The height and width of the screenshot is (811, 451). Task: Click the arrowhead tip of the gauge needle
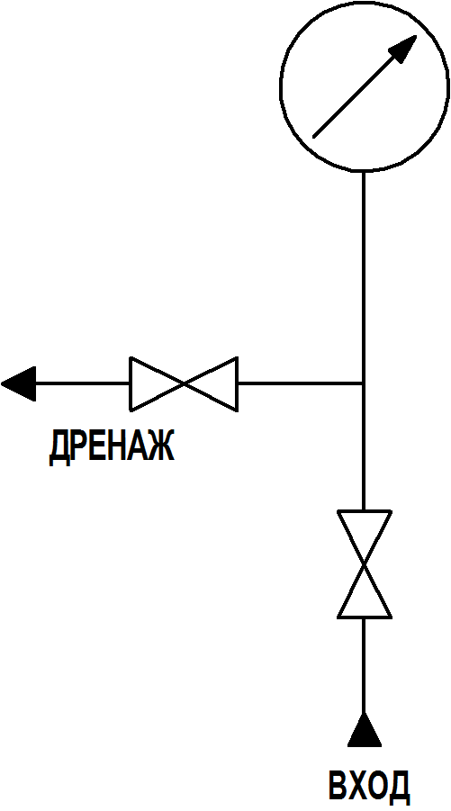click(417, 36)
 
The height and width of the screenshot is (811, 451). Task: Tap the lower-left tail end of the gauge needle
click(314, 138)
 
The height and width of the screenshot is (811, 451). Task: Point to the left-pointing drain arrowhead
click(19, 383)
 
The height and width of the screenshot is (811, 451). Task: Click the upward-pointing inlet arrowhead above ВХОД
click(364, 729)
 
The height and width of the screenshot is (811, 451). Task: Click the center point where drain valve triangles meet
click(184, 383)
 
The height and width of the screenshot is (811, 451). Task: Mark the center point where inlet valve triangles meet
click(364, 564)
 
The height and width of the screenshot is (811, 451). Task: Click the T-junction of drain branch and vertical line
click(364, 383)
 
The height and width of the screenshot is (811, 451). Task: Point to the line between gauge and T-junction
click(364, 276)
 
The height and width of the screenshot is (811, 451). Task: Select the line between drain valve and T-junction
click(300, 383)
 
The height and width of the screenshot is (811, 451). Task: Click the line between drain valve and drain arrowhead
click(83, 383)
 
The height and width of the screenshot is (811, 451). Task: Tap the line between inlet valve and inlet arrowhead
click(364, 665)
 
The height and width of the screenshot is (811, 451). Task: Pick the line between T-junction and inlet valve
click(364, 447)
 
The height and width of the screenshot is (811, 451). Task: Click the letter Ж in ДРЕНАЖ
click(161, 446)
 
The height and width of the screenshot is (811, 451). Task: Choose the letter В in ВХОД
click(338, 787)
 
